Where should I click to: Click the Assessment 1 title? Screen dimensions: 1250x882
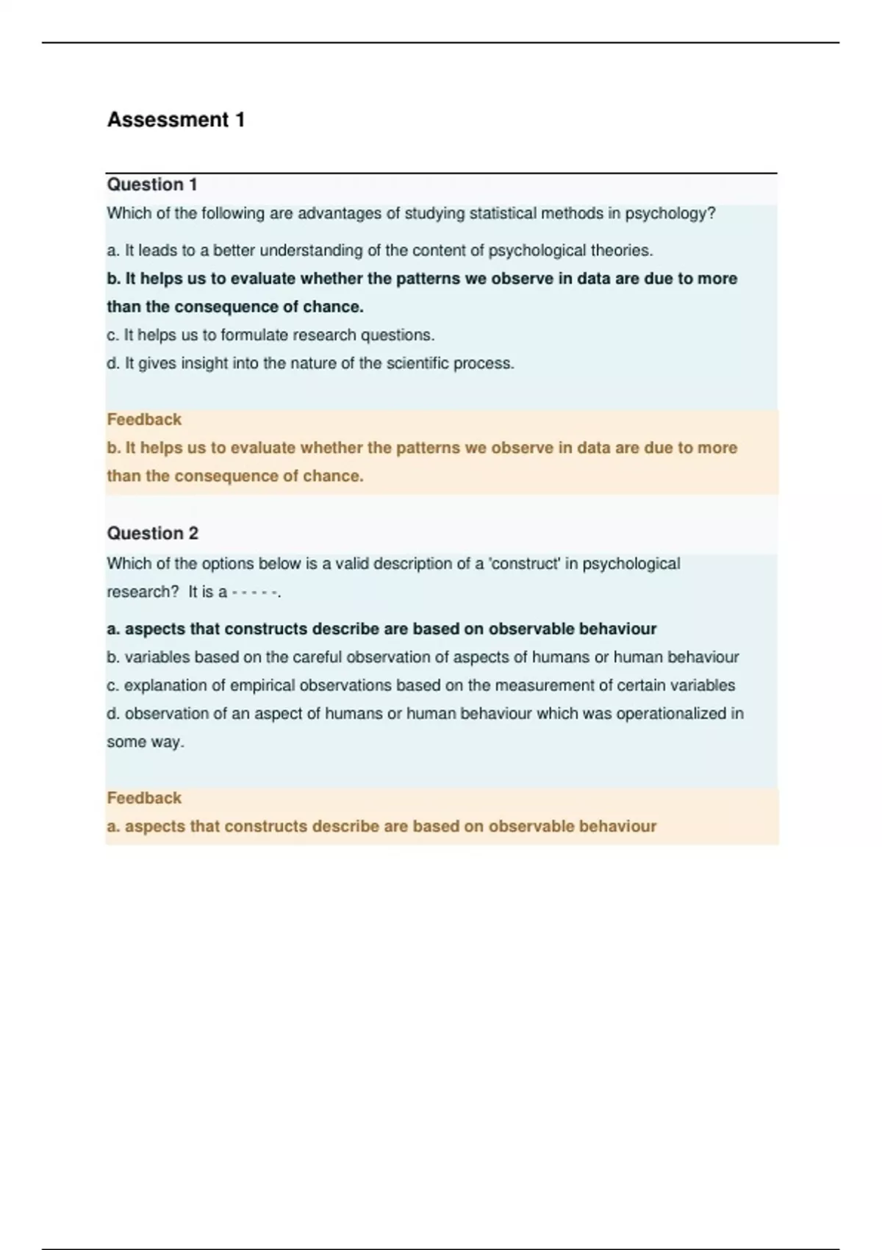pyautogui.click(x=176, y=120)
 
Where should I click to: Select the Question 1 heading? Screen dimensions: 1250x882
pyautogui.click(x=152, y=185)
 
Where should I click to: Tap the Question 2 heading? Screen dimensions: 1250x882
pyautogui.click(x=153, y=533)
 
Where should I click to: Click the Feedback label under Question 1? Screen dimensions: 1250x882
pyautogui.click(x=144, y=420)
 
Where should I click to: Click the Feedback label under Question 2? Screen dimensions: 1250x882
pyautogui.click(x=144, y=798)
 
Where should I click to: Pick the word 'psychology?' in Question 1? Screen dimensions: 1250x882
pyautogui.click(x=670, y=214)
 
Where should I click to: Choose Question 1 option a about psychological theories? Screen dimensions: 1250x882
pyautogui.click(x=379, y=251)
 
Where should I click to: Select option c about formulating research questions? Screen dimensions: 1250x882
pyautogui.click(x=270, y=335)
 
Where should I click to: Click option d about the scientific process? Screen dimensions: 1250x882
pyautogui.click(x=310, y=363)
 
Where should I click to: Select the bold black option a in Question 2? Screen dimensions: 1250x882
pyautogui.click(x=381, y=629)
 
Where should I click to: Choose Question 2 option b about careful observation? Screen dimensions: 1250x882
pyautogui.click(x=423, y=657)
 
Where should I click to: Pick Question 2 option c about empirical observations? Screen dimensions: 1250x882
pyautogui.click(x=420, y=685)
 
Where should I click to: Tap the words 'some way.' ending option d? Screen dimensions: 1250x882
pyautogui.click(x=146, y=742)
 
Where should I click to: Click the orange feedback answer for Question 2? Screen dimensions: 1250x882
pyautogui.click(x=381, y=826)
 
